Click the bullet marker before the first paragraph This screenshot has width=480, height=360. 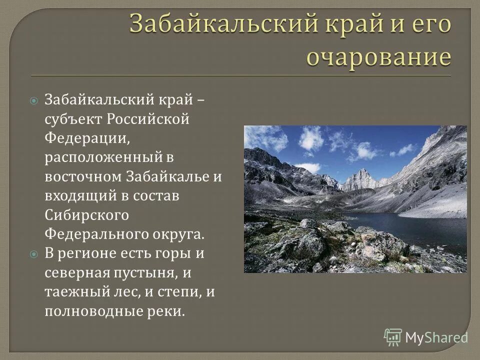point(33,100)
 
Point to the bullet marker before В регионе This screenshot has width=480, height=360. point(33,254)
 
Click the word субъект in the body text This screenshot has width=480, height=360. point(72,120)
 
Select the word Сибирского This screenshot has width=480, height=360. point(87,215)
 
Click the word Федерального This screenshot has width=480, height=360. point(96,234)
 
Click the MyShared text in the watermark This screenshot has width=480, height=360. point(436,337)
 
